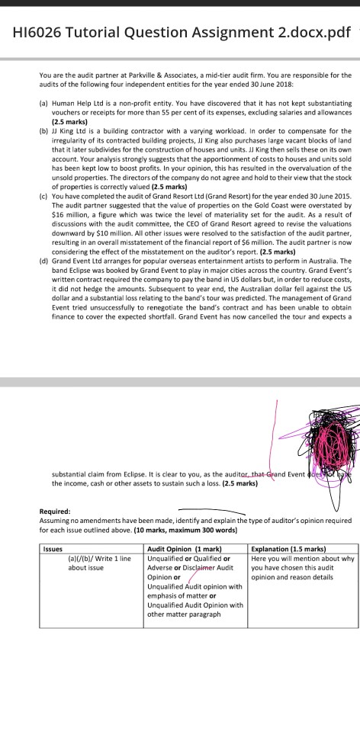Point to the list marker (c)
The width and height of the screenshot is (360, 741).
pyautogui.click(x=43, y=175)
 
